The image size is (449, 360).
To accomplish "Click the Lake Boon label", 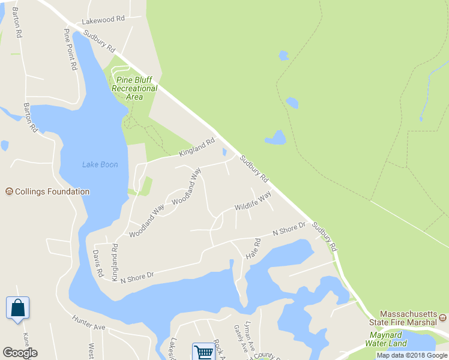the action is click(100, 164).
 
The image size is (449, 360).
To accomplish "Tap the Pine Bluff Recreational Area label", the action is click(134, 88).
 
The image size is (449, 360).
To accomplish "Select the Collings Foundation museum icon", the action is click(9, 192).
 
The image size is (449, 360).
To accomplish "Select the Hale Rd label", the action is click(253, 248).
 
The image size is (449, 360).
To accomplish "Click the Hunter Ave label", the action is click(88, 323).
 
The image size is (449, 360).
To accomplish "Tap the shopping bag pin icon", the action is click(17, 308).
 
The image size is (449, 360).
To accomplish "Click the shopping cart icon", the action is click(204, 352).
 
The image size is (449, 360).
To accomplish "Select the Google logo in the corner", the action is click(20, 353).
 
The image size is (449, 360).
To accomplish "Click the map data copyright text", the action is click(412, 355).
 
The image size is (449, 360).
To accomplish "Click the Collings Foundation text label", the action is click(52, 192).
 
